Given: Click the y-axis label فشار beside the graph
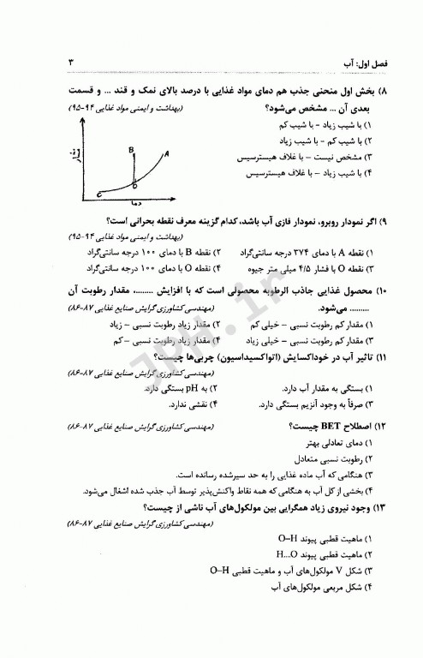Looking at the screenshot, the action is [77, 156].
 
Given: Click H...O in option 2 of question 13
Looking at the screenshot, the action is [285, 553].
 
